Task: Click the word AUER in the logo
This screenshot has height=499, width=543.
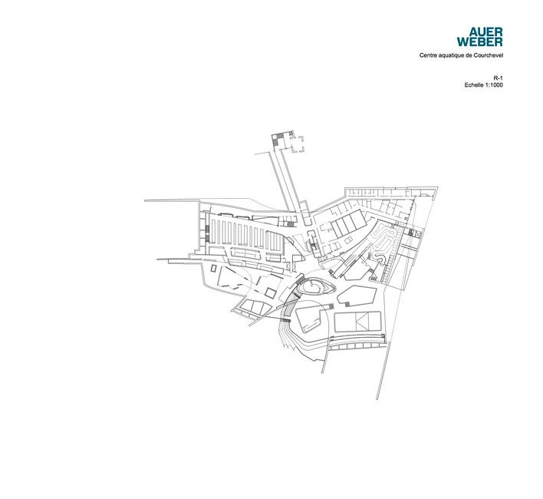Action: pyautogui.click(x=485, y=32)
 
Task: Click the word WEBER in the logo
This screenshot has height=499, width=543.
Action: pyautogui.click(x=480, y=42)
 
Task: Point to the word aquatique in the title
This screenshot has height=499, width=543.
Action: pyautogui.click(x=449, y=55)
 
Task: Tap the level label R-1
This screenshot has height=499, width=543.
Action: pyautogui.click(x=498, y=78)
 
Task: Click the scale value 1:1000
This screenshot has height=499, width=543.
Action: pyautogui.click(x=493, y=85)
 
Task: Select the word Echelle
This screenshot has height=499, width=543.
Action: pyautogui.click(x=473, y=85)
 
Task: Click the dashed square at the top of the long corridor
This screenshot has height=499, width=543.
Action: pyautogui.click(x=297, y=144)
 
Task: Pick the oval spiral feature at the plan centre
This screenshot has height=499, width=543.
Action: pyautogui.click(x=315, y=287)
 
